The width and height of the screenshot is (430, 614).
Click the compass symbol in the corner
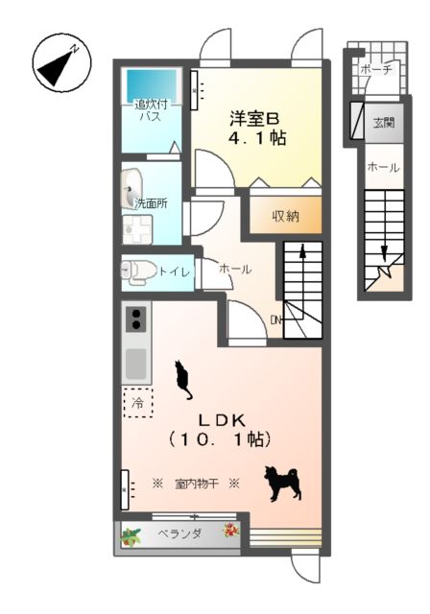click(61, 64)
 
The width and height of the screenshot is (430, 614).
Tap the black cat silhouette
click(182, 380)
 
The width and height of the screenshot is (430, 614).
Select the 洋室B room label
click(254, 119)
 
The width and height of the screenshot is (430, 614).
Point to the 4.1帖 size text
click(255, 138)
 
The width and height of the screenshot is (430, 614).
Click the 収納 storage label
click(284, 216)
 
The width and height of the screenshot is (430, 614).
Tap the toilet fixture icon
click(137, 271)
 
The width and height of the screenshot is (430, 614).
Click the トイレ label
click(175, 272)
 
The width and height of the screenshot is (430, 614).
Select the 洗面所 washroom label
click(151, 203)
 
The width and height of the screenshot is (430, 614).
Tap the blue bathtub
click(150, 83)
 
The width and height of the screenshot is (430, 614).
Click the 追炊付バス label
click(151, 110)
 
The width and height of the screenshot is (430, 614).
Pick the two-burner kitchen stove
click(135, 318)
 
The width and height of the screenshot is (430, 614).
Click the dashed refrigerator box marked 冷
click(137, 402)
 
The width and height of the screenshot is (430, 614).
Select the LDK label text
click(223, 419)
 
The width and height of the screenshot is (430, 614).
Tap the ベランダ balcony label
click(179, 533)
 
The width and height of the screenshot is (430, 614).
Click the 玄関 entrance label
click(383, 122)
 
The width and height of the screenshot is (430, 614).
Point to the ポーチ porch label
click(375, 70)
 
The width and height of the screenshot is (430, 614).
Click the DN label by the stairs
click(275, 319)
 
